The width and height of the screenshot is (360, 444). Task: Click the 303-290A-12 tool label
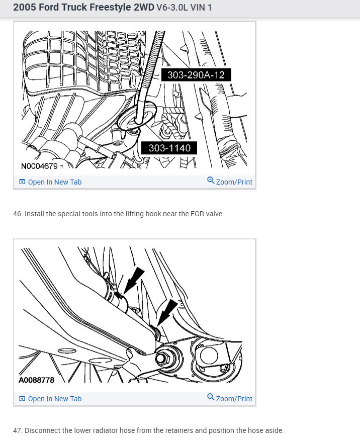pyautogui.click(x=196, y=75)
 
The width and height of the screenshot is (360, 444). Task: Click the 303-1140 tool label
pyautogui.click(x=169, y=148)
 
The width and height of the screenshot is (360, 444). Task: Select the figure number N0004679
pyautogui.click(x=40, y=166)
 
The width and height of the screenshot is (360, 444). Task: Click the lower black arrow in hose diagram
pyautogui.click(x=166, y=312)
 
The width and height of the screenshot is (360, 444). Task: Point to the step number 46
pyautogui.click(x=18, y=214)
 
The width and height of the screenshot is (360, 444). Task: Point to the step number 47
pyautogui.click(x=18, y=430)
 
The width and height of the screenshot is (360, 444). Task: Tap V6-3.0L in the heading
pyautogui.click(x=174, y=9)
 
